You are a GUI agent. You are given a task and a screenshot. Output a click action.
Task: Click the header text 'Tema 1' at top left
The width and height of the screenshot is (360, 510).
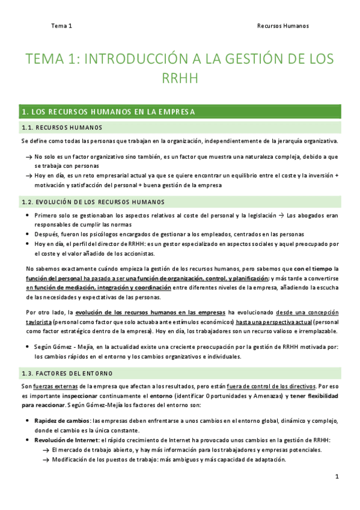(61, 26)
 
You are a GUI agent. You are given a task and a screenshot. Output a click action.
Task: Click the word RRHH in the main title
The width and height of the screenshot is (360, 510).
(180, 79)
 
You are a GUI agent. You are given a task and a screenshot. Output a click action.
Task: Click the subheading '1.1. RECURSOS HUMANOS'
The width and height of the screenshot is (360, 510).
(62, 127)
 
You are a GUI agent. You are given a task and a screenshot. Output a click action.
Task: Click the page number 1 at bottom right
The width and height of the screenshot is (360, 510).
(337, 476)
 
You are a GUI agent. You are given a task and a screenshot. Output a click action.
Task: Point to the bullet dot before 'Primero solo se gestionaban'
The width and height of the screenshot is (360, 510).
(29, 215)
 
